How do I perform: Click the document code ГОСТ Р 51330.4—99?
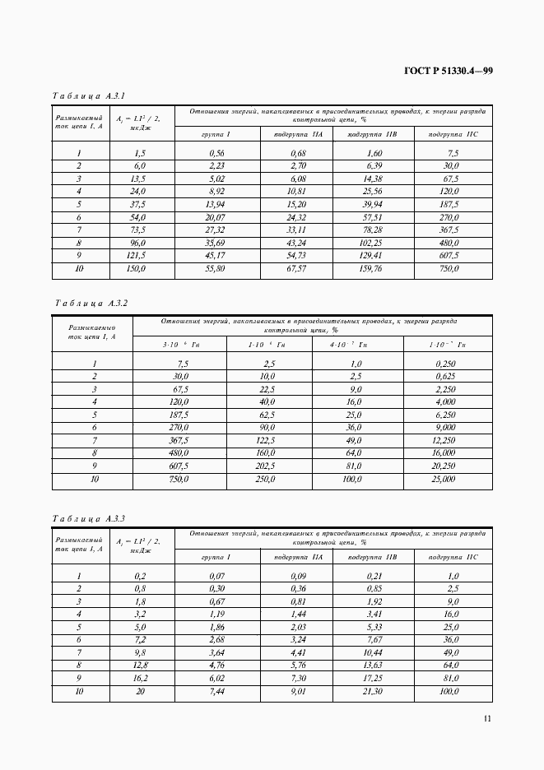click(448, 71)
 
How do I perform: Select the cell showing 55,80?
click(216, 268)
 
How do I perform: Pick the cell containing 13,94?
click(216, 204)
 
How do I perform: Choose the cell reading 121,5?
click(135, 256)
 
